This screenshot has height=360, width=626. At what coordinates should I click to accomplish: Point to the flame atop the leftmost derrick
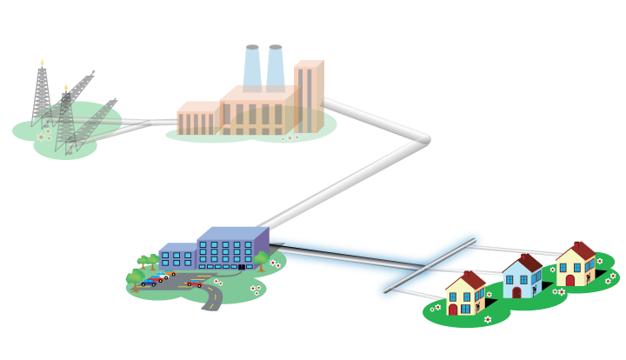click(x=42, y=63)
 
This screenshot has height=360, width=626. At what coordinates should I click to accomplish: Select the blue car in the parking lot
click(x=149, y=283)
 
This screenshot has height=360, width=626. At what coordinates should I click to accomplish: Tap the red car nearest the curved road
click(x=195, y=283)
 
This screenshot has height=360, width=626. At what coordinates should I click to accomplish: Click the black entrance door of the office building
click(x=241, y=265)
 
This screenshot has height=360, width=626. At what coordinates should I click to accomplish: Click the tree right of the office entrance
click(x=260, y=259)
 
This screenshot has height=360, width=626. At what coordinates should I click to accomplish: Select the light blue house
click(x=521, y=278)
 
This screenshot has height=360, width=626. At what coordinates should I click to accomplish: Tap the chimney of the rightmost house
click(x=577, y=247)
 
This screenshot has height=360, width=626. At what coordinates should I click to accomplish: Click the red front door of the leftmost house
click(x=453, y=309)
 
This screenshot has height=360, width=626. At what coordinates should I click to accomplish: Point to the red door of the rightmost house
click(x=570, y=280)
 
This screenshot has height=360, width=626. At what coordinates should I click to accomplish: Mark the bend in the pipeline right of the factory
click(x=424, y=139)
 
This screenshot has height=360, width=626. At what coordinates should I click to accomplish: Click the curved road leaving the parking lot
click(x=212, y=300)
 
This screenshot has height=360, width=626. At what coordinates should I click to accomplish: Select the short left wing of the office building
click(x=177, y=257)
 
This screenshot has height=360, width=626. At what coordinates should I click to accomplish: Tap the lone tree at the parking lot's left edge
click(x=133, y=279)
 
